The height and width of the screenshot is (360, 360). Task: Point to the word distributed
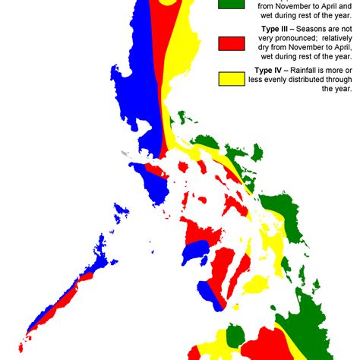pyautogui.click(x=319, y=79)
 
